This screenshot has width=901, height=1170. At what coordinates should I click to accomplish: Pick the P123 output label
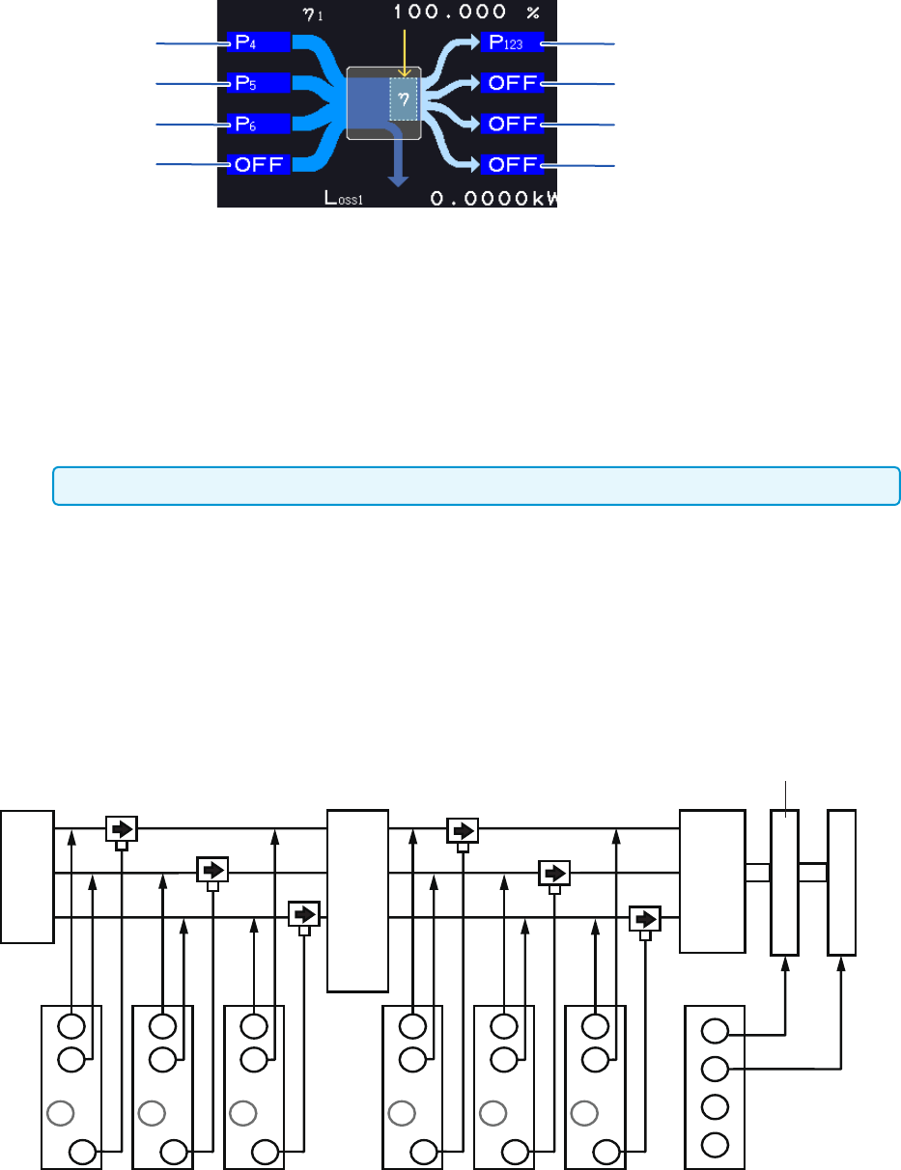tap(511, 42)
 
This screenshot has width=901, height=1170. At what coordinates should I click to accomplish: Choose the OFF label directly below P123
tap(511, 83)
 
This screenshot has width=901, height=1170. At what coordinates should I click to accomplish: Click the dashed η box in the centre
tap(404, 99)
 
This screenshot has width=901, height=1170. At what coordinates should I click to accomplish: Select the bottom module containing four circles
tap(715, 1087)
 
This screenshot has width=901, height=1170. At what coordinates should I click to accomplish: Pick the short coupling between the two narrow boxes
tap(813, 872)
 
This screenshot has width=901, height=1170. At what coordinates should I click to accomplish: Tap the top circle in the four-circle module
tap(715, 1033)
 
